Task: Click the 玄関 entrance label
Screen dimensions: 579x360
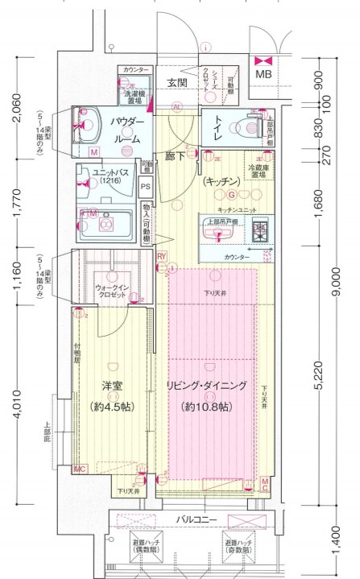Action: point(177,83)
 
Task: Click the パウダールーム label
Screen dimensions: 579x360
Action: point(126,130)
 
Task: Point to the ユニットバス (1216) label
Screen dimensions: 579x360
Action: point(106,177)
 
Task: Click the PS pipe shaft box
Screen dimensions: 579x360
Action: point(146,188)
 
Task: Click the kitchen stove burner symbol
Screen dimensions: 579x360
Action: point(259,230)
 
